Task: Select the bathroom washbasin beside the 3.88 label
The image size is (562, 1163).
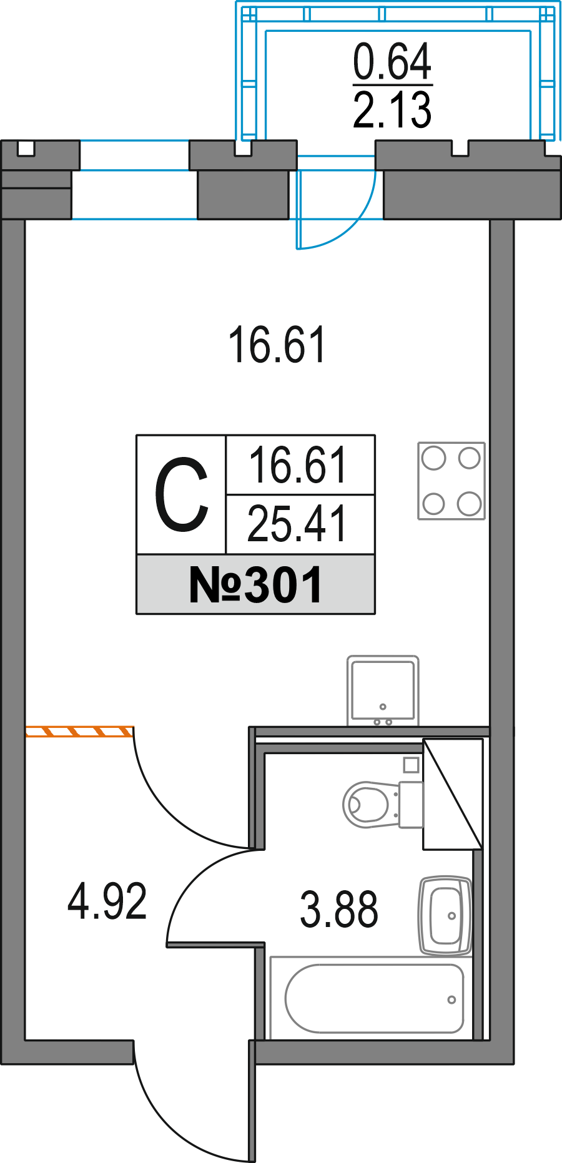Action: coord(445,916)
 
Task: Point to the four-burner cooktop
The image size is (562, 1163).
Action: coord(451,481)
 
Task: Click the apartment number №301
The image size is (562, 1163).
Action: coord(255,585)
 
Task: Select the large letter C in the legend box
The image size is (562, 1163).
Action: coord(181,494)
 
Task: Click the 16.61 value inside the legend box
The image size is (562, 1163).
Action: coord(298,466)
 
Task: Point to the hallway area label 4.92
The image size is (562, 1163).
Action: coord(107,901)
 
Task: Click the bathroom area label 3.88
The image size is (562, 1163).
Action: coord(338,910)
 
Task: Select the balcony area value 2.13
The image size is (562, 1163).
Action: coord(392,110)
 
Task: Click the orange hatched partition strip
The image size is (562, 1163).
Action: coord(79,731)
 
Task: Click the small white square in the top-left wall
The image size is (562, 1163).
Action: coord(26,149)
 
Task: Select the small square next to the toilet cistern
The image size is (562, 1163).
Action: coord(411,764)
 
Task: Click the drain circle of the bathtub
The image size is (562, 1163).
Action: coord(451,999)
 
